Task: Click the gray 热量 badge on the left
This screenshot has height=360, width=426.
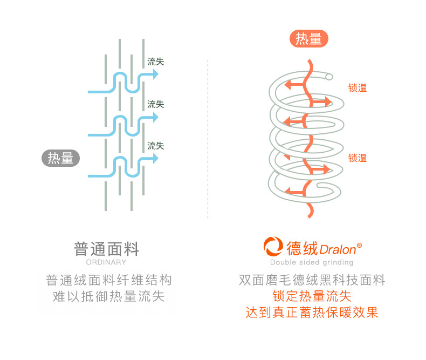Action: coord(60,158)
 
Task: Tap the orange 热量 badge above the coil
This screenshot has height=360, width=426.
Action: coord(309,39)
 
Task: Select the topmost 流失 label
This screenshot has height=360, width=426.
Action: coord(156,62)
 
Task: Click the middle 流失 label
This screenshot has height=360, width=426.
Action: coord(156,104)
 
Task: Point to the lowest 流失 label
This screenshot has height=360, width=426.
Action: coord(156,146)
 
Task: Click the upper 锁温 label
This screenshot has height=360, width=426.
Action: coord(357,88)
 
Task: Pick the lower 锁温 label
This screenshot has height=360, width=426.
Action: coord(357,158)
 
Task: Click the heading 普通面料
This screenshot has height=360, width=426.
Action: coord(106,249)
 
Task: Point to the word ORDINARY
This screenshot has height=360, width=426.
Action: coord(106,262)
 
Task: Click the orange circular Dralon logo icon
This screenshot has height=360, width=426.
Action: coord(273,248)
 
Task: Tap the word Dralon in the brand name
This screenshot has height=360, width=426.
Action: coord(338,249)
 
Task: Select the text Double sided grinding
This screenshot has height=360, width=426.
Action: coord(312,262)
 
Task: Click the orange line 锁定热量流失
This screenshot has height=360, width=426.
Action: coord(312,296)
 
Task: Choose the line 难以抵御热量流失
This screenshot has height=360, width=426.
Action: coord(108,296)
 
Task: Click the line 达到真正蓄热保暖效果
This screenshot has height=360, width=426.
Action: coord(312,313)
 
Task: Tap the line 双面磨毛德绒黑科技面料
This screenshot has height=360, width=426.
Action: coord(312,280)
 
